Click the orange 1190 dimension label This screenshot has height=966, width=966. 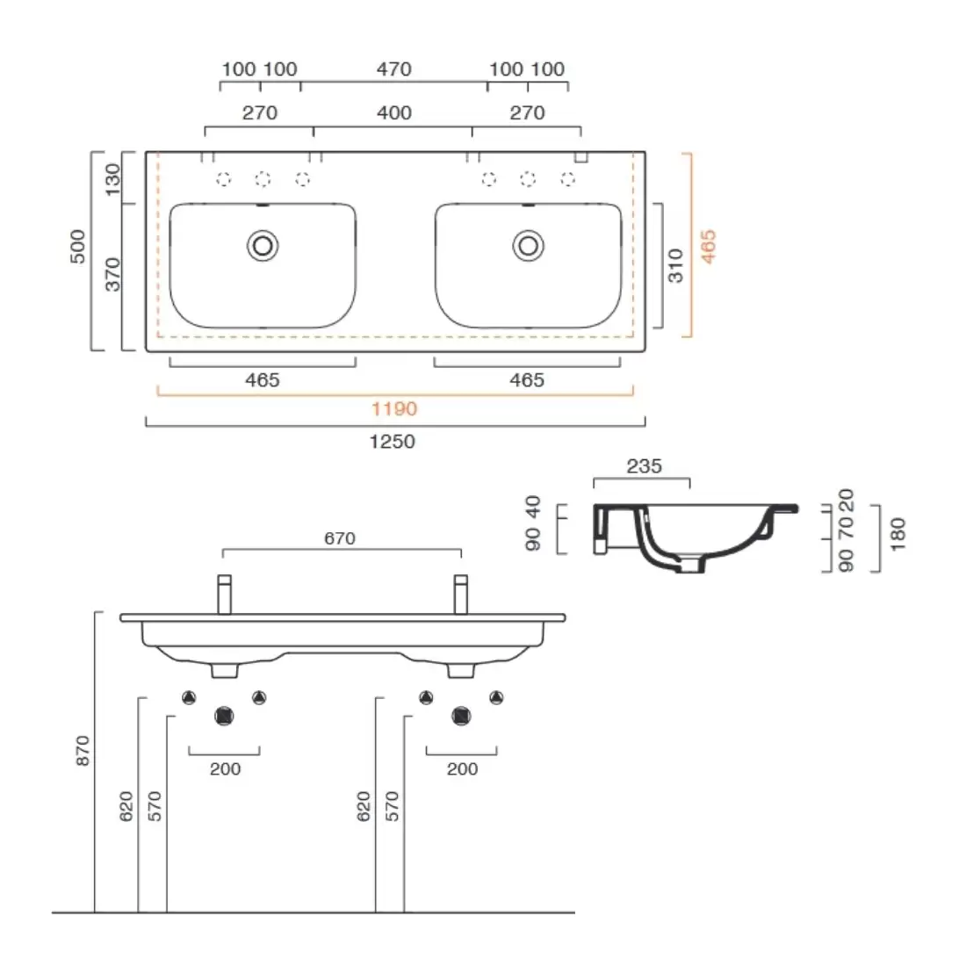coord(394,409)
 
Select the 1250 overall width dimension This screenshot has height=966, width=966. coord(393,442)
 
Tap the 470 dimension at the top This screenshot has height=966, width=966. coord(394,69)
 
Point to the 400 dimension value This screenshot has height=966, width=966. coord(394,112)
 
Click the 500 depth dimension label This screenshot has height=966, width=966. coord(78,247)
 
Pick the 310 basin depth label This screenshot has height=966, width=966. coord(676,265)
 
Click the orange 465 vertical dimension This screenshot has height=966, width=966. coord(709,247)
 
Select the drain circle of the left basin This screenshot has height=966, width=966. coord(263,246)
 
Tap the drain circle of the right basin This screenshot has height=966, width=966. coord(528,246)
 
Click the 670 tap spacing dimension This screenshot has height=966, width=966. coord(340,538)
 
